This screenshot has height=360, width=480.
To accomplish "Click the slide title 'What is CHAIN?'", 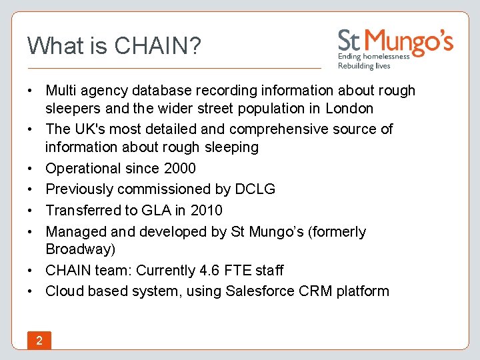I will [114, 46].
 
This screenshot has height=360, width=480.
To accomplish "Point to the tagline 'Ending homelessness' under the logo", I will [373, 57].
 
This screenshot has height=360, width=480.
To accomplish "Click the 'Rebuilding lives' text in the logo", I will [364, 66].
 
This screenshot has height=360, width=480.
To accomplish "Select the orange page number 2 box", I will [39, 341].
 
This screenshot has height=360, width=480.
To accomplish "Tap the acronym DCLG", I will [255, 189].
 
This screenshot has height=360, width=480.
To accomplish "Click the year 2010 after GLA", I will [206, 211].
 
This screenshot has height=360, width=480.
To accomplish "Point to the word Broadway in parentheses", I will [78, 249].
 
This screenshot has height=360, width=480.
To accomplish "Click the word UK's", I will [95, 129].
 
